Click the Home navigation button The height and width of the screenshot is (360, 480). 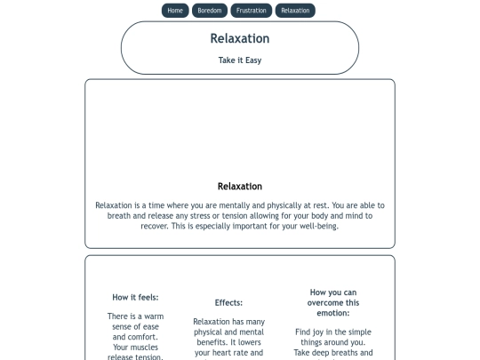pos(175,11)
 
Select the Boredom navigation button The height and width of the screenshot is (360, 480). pos(210,11)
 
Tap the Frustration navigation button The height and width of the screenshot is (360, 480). pos(252,11)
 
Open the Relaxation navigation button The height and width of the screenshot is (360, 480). pos(295,11)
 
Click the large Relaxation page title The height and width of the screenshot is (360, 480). pos(240,38)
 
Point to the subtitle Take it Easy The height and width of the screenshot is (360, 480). pos(240,60)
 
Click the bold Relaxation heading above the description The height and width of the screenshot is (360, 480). pos(240,187)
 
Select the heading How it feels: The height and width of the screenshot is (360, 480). pos(135,297)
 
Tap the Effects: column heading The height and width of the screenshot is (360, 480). pos(228,302)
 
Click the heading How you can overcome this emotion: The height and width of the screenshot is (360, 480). pos(333,302)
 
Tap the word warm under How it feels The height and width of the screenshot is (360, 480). pos(154,316)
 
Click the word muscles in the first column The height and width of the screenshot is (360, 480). pos(145,347)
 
